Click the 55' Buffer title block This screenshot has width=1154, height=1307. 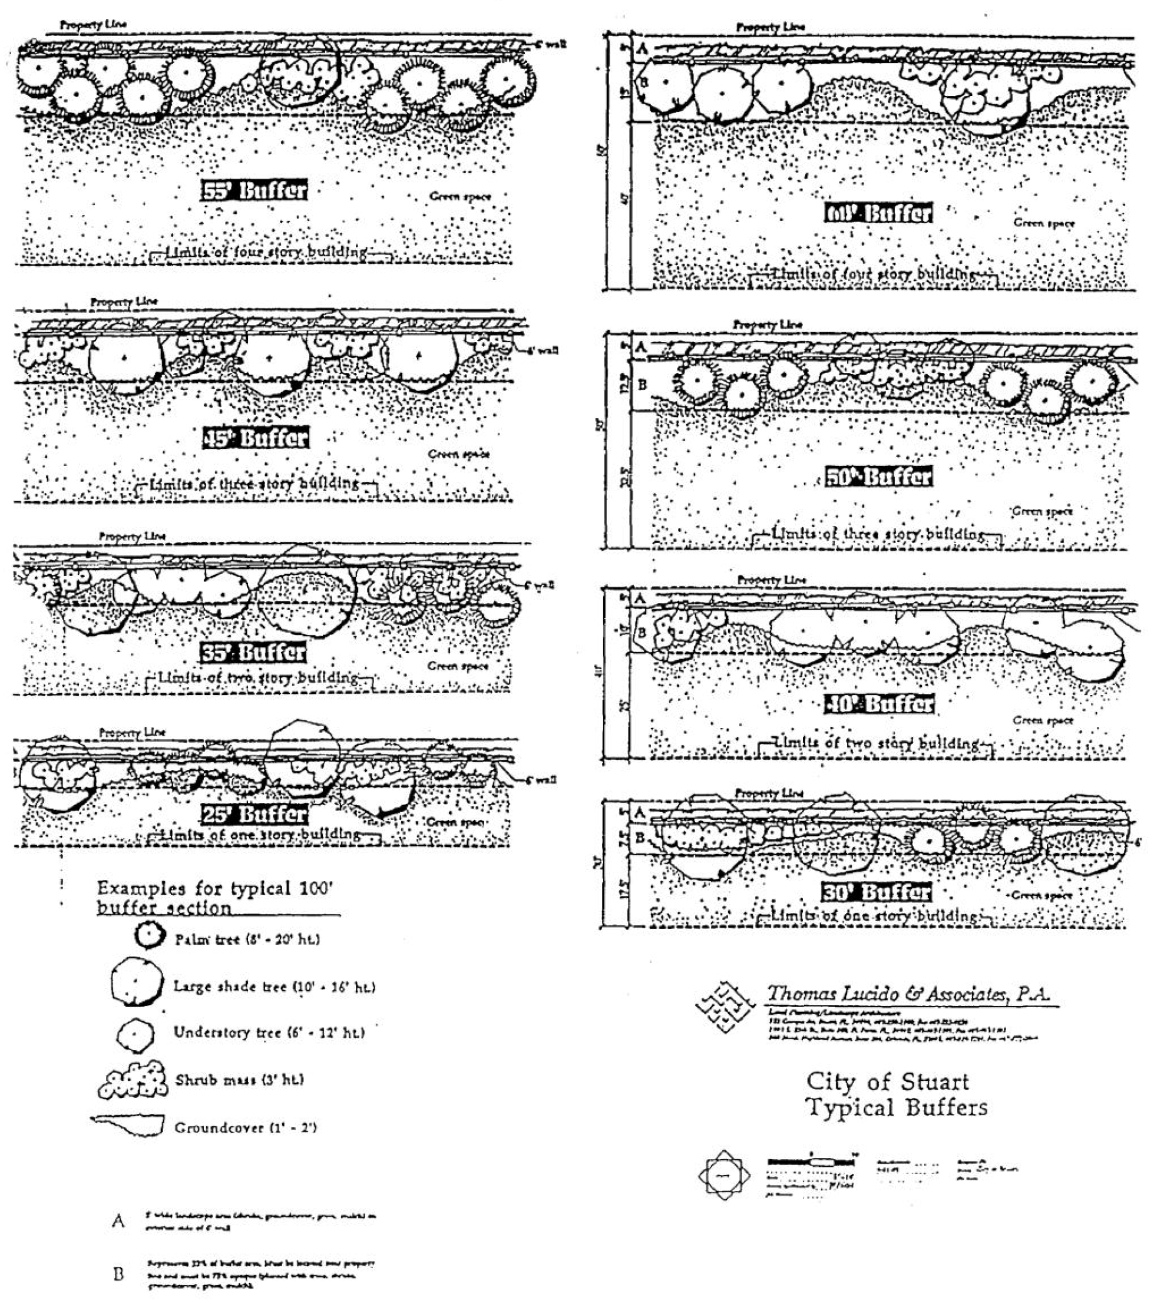(254, 190)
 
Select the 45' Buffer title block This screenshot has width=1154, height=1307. (255, 438)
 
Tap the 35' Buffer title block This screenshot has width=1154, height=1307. (253, 652)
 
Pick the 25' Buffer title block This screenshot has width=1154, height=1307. (254, 814)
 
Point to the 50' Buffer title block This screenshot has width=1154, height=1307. (878, 477)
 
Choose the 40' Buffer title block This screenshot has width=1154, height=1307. (879, 704)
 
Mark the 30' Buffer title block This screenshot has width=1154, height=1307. (876, 892)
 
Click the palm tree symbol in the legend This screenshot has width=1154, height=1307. (148, 936)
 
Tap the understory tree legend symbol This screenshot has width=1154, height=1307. (135, 1034)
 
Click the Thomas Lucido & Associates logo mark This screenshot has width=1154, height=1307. (725, 1007)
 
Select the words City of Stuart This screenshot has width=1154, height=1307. (887, 1081)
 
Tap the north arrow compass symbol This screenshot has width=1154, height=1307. (724, 1174)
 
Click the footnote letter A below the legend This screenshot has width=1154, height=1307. (119, 1222)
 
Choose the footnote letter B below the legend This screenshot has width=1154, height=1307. (119, 1275)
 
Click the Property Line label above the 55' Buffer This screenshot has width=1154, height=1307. (93, 25)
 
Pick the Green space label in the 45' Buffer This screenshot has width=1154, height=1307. (459, 454)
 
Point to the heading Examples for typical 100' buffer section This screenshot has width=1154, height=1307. (216, 897)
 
